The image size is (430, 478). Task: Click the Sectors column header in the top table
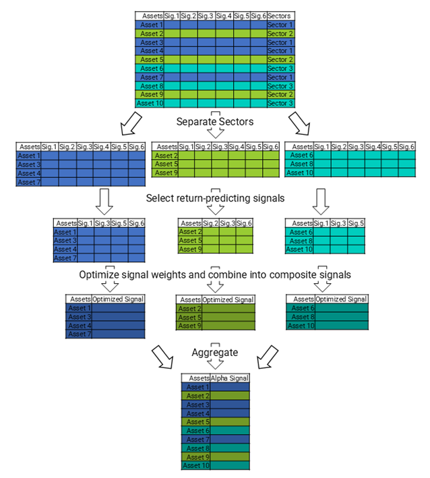(280, 16)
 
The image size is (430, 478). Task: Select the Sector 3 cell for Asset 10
(280, 103)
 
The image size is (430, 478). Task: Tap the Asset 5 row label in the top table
(152, 59)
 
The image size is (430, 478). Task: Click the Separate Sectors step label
(215, 122)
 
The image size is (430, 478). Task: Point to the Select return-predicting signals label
(215, 198)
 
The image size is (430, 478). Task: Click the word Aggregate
(215, 352)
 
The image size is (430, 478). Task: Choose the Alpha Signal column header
(231, 378)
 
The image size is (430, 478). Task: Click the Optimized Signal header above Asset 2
(228, 299)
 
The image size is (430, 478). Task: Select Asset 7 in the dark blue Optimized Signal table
(78, 334)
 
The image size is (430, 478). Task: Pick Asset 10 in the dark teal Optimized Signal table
(301, 326)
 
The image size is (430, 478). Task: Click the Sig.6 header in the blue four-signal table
(137, 223)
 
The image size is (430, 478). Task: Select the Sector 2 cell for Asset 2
(280, 33)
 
